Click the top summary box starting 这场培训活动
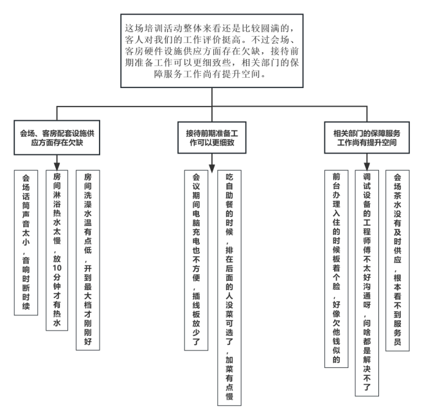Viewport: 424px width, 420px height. tap(212, 51)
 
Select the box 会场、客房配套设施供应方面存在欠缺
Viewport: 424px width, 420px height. tap(57, 137)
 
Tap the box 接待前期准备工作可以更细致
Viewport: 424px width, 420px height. tap(212, 137)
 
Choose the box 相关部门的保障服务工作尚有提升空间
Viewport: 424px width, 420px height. tap(367, 137)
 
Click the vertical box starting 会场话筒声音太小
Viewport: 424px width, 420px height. tap(26, 243)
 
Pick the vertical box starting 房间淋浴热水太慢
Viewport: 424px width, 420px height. tap(57, 250)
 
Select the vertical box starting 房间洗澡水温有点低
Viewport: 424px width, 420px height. tap(88, 260)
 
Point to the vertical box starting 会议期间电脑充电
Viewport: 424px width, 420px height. tap(196, 260)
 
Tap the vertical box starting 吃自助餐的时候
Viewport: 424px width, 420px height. tap(229, 288)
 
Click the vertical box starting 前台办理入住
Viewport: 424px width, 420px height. tap(336, 268)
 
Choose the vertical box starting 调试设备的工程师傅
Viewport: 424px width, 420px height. tap(367, 283)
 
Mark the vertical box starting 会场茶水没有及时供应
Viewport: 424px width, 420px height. tap(397, 260)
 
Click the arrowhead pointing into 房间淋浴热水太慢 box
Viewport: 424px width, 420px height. tap(57, 166)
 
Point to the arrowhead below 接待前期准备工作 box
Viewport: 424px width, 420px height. tap(212, 168)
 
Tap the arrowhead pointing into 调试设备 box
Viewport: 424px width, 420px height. tap(367, 166)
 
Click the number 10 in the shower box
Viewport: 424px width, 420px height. tap(57, 268)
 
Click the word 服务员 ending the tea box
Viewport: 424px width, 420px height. tap(397, 333)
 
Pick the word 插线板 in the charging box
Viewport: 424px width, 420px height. tap(196, 305)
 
